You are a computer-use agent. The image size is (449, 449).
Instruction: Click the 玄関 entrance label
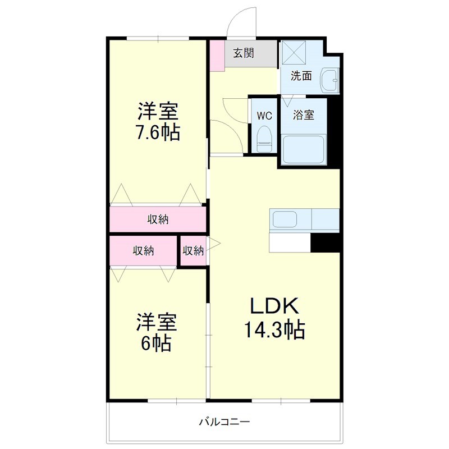pos(244,54)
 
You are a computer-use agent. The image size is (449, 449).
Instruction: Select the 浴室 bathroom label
pos(304,116)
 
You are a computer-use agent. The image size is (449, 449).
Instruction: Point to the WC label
pos(264,116)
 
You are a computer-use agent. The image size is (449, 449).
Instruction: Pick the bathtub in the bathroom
pos(304,149)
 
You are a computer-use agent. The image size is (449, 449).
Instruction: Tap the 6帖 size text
pos(155,342)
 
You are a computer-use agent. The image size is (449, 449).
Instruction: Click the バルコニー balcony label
pos(224,421)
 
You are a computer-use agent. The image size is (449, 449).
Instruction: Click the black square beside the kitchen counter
pos(326,242)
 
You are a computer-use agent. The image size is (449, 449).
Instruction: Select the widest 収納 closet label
pos(158,219)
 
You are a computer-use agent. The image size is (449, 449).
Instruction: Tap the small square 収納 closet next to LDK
pos(193,251)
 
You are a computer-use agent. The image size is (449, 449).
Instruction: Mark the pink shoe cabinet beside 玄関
pos(217,55)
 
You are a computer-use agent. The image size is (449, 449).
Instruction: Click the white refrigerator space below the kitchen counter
pos(290,242)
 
